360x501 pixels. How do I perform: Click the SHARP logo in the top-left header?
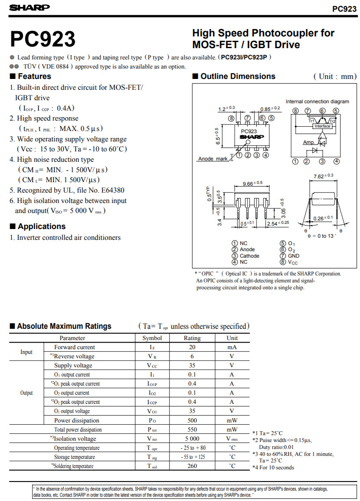(x=29, y=7)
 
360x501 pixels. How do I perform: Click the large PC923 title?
(x=43, y=39)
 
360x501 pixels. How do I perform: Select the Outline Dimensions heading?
(x=238, y=76)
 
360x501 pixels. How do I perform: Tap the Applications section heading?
(x=42, y=226)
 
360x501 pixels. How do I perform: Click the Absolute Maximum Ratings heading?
(x=64, y=326)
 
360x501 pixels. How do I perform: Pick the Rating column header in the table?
(x=192, y=338)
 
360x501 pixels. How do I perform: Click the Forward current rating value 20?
(x=192, y=347)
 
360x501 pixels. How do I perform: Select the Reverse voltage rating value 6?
(x=192, y=356)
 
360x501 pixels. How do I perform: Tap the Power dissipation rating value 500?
(x=192, y=420)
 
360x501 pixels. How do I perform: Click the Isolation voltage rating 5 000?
(x=192, y=439)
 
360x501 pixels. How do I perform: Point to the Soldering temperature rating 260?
(x=192, y=466)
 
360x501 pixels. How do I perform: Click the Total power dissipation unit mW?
(x=232, y=429)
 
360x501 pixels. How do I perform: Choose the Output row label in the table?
(x=26, y=393)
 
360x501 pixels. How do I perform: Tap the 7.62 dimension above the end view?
(x=323, y=176)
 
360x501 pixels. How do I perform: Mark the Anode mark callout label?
(x=213, y=159)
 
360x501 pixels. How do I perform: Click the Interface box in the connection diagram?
(x=322, y=126)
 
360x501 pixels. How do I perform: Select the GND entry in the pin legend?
(x=294, y=256)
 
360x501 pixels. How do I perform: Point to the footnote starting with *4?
(x=273, y=468)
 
